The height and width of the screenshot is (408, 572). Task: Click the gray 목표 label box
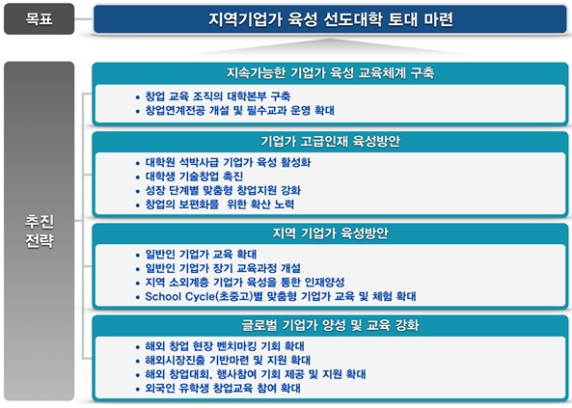point(39,19)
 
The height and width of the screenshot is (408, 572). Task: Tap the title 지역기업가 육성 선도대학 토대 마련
point(331,19)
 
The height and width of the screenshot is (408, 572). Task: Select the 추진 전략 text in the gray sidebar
point(39,231)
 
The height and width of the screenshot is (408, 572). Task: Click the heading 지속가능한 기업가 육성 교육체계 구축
point(331,73)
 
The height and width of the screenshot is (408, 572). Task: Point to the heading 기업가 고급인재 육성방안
point(331,141)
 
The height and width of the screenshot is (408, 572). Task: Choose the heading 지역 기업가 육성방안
point(331,233)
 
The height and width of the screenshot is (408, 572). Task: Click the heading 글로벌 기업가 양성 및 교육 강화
point(331,325)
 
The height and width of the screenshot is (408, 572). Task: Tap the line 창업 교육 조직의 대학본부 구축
point(218,96)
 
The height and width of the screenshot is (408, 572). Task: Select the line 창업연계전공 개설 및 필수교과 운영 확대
point(239,110)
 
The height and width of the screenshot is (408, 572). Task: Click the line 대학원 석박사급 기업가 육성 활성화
point(228,162)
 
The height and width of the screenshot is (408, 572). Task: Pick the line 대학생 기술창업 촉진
point(194,177)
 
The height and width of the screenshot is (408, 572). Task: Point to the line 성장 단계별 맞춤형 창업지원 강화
point(223,190)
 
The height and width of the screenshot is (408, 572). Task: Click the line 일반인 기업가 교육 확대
point(201,254)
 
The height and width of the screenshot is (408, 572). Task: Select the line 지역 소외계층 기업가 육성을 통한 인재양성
point(245,282)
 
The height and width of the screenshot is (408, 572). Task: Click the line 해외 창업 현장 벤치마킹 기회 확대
point(225,346)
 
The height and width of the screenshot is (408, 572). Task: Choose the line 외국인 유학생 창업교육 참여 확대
point(223,388)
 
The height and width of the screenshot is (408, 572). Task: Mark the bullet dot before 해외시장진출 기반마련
point(138,362)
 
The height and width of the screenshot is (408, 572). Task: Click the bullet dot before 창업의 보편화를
point(138,205)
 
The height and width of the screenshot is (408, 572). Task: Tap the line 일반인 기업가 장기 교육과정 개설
point(223,268)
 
